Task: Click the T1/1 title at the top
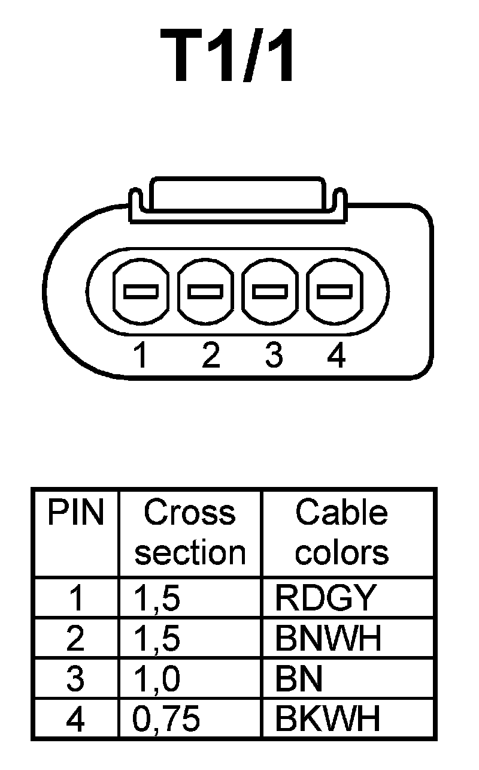coord(228,56)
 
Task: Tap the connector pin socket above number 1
coord(141,291)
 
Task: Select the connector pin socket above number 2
coord(205,291)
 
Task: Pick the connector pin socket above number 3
coord(270,291)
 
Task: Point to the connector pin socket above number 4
coord(334,291)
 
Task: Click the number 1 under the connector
coord(141,356)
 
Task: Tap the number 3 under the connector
coord(273,356)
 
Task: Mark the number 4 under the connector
coord(336,356)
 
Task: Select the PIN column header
coord(75,514)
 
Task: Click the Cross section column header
coord(190,533)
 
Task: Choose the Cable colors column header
coord(342,533)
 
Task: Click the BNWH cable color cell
coord(328,639)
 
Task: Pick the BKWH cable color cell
coord(328,719)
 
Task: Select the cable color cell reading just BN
coord(299,679)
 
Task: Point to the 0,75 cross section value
coord(166,719)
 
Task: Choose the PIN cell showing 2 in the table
coord(75,639)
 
